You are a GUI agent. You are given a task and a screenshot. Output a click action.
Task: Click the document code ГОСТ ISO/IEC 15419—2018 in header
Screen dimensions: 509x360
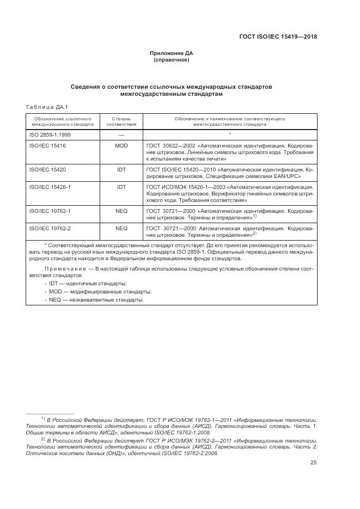click(278, 37)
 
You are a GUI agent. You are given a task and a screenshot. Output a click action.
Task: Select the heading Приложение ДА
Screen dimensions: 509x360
click(172, 53)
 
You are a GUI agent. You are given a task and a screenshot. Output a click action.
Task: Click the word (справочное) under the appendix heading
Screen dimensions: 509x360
click(172, 60)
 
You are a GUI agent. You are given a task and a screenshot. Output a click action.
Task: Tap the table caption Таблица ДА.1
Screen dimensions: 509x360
click(46, 107)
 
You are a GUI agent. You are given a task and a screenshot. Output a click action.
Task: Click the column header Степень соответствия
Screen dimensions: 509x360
click(121, 121)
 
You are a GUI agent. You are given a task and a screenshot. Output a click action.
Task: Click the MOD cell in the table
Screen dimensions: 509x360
click(121, 146)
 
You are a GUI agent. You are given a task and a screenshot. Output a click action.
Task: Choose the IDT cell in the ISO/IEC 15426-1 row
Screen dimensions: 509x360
click(121, 187)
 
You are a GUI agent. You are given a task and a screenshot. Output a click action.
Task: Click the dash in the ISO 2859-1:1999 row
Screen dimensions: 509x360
click(121, 134)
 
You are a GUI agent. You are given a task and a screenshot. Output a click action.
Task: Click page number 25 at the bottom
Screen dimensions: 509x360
click(313, 463)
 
